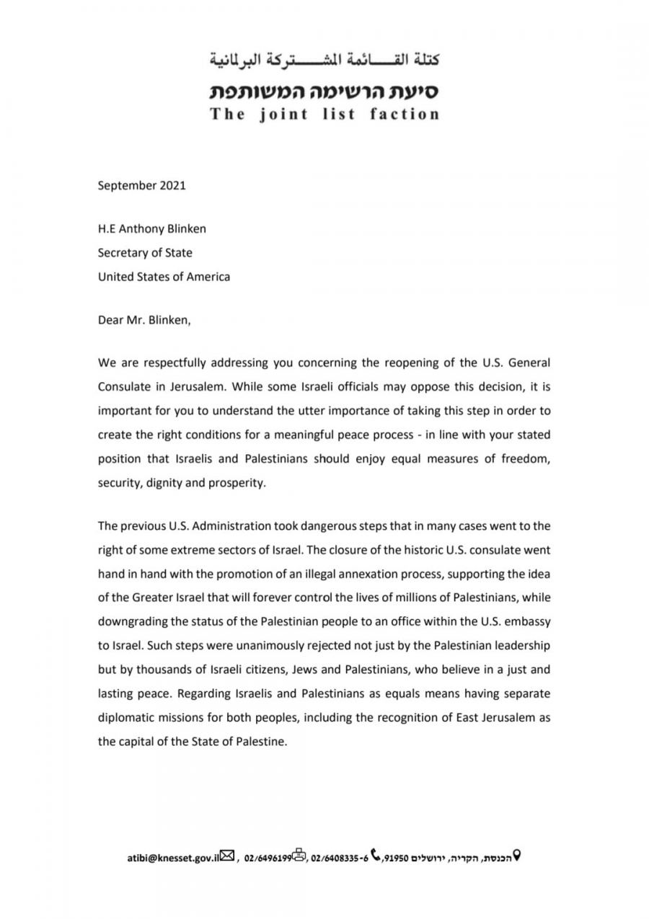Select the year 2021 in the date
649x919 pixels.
point(171,185)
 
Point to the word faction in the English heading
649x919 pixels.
point(405,114)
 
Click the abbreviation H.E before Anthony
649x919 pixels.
point(106,230)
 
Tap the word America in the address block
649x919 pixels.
point(206,276)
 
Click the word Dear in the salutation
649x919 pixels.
point(111,321)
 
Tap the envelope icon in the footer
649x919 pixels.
point(227,856)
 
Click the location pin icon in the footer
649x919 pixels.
point(516,856)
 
